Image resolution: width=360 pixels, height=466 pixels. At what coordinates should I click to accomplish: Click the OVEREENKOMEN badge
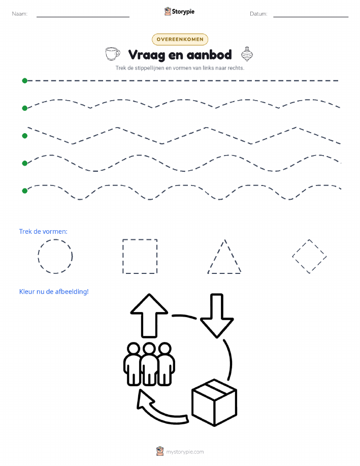180,39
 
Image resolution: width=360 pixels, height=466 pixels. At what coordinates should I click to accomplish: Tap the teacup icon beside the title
113,54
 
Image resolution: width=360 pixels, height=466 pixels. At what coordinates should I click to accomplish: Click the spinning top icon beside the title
247,54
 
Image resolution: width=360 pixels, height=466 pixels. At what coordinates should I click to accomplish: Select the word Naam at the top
20,14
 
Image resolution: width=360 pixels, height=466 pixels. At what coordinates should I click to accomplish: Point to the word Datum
258,14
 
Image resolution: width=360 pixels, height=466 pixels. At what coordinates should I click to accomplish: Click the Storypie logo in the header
179,12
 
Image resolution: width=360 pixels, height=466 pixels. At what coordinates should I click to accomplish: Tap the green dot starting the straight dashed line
25,80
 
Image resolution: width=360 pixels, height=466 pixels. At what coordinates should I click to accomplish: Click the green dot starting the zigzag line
25,136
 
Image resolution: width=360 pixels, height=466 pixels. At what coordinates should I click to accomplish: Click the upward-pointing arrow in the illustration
149,316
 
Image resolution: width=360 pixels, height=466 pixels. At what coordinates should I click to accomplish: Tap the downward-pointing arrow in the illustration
217,316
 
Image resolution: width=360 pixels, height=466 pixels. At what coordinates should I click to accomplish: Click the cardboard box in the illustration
214,402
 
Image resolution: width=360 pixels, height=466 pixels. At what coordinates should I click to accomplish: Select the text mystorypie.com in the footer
185,452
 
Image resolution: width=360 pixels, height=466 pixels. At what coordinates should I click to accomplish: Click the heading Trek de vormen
43,232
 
